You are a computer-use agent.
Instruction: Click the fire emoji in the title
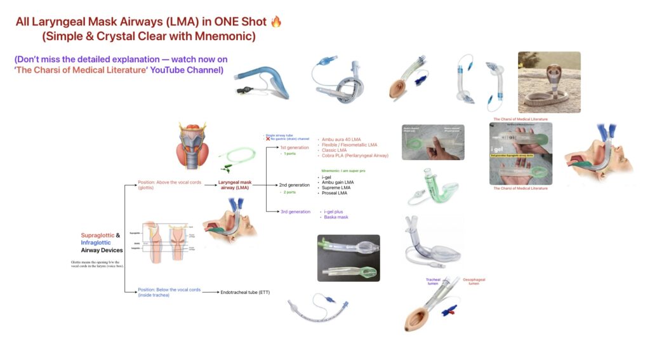[275, 22]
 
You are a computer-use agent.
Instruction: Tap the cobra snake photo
[549, 82]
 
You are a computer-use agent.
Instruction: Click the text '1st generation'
[295, 147]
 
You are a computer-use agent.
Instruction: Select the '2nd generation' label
[295, 185]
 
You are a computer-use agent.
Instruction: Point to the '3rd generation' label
[295, 211]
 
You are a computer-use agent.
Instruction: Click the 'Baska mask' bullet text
[336, 217]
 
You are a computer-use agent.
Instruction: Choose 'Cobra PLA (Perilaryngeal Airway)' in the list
[355, 156]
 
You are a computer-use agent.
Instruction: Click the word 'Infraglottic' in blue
[96, 243]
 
